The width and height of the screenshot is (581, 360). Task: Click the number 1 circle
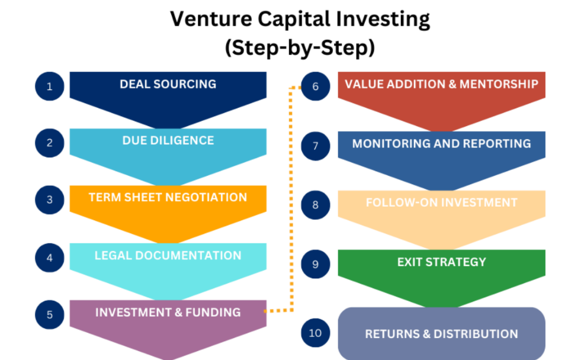50,86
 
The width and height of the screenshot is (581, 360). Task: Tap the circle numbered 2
50,143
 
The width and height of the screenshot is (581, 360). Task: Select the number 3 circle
50,200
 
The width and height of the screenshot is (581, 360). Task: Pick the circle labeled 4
50,258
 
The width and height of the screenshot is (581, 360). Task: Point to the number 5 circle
50,315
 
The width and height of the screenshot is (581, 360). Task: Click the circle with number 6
315,86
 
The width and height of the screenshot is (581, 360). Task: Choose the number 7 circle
315,146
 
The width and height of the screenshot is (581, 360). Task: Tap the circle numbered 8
315,205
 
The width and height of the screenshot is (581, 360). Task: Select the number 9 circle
315,264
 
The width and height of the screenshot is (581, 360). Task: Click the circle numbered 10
315,333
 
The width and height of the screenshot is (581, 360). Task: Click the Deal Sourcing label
168,84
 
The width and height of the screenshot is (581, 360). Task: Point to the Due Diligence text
168,140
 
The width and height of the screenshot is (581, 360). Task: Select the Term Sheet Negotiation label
168,197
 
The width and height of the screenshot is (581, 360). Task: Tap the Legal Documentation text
168,255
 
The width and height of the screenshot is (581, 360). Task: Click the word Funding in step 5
213,312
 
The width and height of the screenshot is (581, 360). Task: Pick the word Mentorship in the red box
499,84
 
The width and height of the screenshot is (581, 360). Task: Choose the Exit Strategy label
442,262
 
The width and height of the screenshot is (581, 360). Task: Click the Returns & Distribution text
442,334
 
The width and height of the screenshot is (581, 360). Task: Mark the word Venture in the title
211,19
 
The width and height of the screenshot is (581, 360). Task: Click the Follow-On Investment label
442,202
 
